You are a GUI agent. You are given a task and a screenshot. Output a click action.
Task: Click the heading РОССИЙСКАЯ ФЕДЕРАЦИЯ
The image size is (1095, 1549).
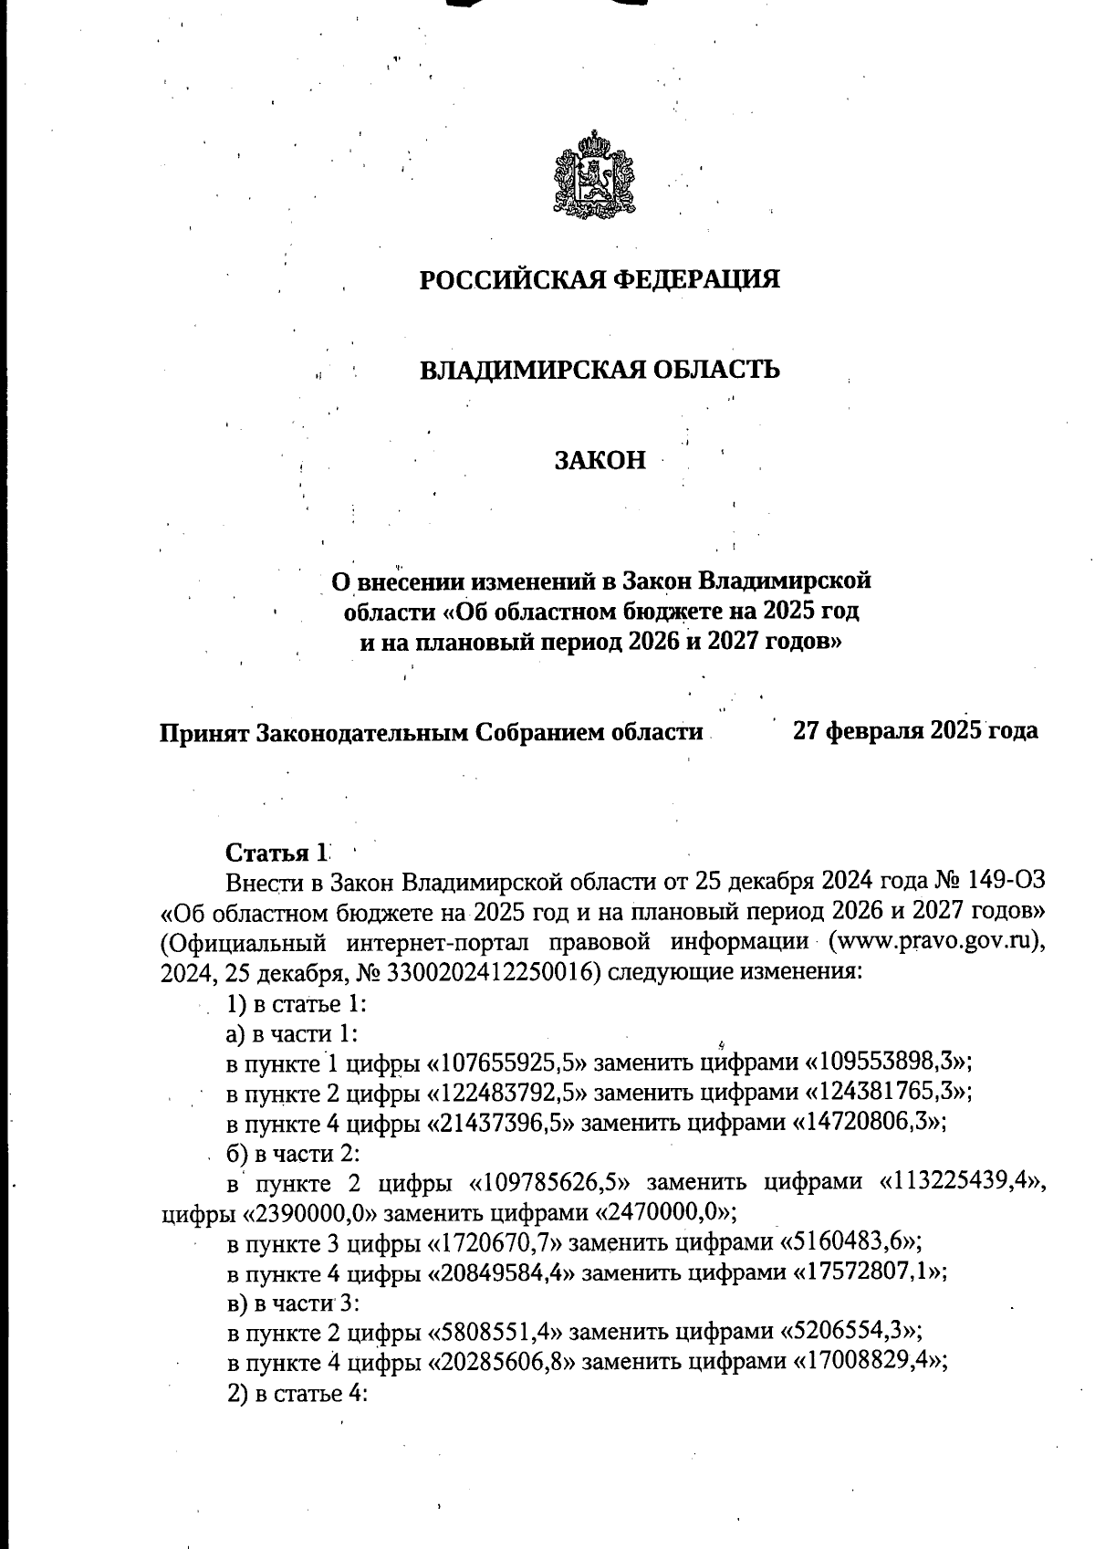coord(600,278)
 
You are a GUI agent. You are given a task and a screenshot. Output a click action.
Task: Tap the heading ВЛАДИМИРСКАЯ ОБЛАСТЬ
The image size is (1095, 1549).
coord(600,370)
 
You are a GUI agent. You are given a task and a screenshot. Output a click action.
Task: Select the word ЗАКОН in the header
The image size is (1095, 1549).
coord(600,460)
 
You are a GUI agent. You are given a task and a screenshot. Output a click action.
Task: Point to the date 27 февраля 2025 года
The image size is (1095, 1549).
coord(915,730)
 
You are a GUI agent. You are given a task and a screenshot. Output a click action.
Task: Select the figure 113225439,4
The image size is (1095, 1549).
coord(961,1184)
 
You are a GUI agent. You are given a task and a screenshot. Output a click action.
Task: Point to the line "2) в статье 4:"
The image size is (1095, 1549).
coord(297,1393)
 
